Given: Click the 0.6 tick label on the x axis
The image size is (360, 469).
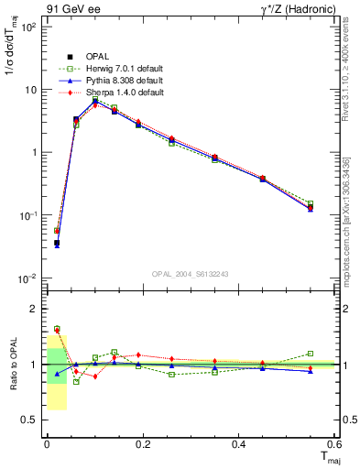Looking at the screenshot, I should click(x=335, y=444).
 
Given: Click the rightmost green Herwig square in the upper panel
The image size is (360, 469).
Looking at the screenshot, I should click(x=311, y=203).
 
